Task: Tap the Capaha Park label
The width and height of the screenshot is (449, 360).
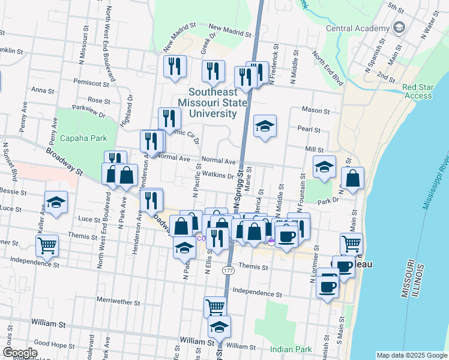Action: pyautogui.click(x=83, y=138)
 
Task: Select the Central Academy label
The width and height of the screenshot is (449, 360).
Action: pyautogui.click(x=358, y=28)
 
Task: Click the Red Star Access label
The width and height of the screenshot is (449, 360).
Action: pyautogui.click(x=418, y=91)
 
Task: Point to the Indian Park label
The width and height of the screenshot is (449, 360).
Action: pyautogui.click(x=291, y=349)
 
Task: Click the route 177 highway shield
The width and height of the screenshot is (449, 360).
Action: pyautogui.click(x=228, y=271)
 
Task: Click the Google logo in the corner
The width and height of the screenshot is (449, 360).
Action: pyautogui.click(x=20, y=353)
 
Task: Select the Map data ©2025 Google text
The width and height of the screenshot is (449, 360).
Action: pyautogui.click(x=411, y=355)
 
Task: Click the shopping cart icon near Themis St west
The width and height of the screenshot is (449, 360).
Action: pyautogui.click(x=47, y=244)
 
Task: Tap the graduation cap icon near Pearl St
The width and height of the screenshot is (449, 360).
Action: pyautogui.click(x=265, y=126)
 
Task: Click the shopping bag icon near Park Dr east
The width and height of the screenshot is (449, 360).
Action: pyautogui.click(x=352, y=178)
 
